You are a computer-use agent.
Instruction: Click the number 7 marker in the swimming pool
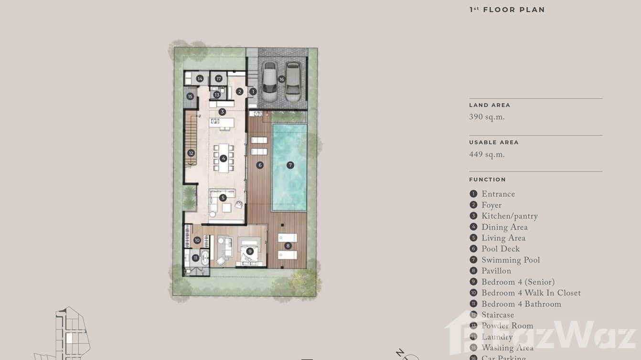(x=290, y=165)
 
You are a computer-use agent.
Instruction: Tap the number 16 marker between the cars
(x=281, y=79)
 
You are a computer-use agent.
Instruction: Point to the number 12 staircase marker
(x=191, y=153)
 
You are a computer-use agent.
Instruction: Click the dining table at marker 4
(x=223, y=158)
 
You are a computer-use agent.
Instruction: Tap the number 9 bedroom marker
(x=250, y=251)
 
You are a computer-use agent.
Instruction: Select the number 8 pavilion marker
(x=288, y=246)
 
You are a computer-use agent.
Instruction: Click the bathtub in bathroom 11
(x=205, y=258)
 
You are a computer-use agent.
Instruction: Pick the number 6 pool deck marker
(x=260, y=165)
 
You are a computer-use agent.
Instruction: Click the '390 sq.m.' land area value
(x=487, y=117)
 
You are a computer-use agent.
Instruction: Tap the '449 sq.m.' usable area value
(x=487, y=155)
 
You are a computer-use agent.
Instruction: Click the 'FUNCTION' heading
(x=487, y=180)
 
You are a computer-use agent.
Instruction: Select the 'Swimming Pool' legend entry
(x=510, y=260)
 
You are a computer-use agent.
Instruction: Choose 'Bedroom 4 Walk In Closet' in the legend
(x=531, y=293)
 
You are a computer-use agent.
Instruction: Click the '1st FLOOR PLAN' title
(x=507, y=10)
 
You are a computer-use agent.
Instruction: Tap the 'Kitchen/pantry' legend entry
(x=509, y=216)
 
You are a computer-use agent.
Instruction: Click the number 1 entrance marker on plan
(x=253, y=91)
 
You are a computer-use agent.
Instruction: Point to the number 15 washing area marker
(x=190, y=96)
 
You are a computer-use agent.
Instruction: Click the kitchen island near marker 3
(x=222, y=122)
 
